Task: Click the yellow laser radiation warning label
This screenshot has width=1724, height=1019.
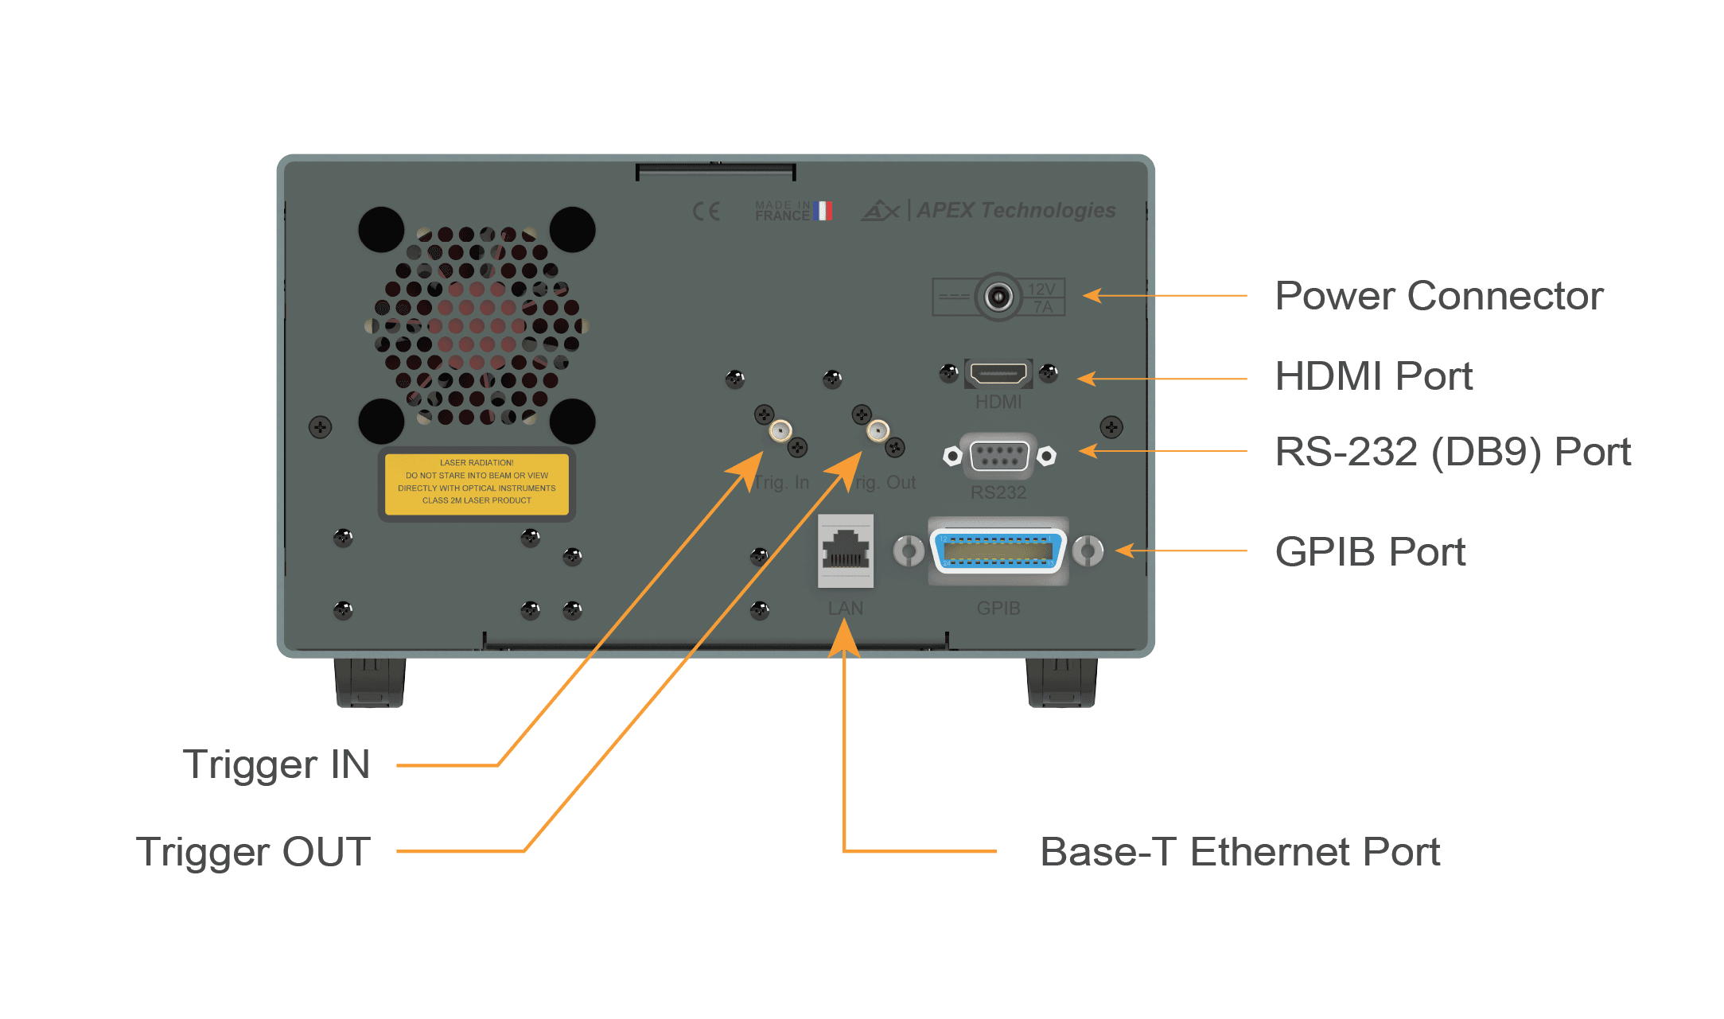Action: [x=477, y=484]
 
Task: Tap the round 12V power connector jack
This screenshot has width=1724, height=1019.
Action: [x=998, y=298]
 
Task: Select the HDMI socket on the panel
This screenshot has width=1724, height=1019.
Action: [x=998, y=373]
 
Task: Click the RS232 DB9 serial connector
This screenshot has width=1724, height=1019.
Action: [x=999, y=456]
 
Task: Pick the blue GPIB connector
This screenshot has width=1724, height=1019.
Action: [x=998, y=550]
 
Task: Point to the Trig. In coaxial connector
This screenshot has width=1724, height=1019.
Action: [x=780, y=431]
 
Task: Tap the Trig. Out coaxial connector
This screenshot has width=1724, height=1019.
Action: [x=878, y=431]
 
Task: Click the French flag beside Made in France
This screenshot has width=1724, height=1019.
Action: [x=823, y=211]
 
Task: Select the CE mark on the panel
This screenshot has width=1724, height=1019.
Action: [x=706, y=211]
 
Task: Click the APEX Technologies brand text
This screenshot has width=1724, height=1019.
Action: [x=1016, y=210]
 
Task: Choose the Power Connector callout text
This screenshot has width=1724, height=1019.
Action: [x=1438, y=297]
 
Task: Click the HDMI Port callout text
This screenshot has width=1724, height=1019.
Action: [x=1373, y=376]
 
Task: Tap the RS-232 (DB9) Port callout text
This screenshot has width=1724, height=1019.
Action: [x=1452, y=452]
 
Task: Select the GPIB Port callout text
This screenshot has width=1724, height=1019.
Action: [x=1370, y=551]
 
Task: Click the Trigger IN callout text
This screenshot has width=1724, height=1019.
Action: [x=277, y=764]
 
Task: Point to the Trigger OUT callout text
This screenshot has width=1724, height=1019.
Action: [x=253, y=852]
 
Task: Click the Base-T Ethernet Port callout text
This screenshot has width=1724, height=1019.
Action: [x=1239, y=852]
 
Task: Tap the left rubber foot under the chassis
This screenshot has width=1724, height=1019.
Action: [x=370, y=683]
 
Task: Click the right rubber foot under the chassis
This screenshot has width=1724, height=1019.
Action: [x=1061, y=683]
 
